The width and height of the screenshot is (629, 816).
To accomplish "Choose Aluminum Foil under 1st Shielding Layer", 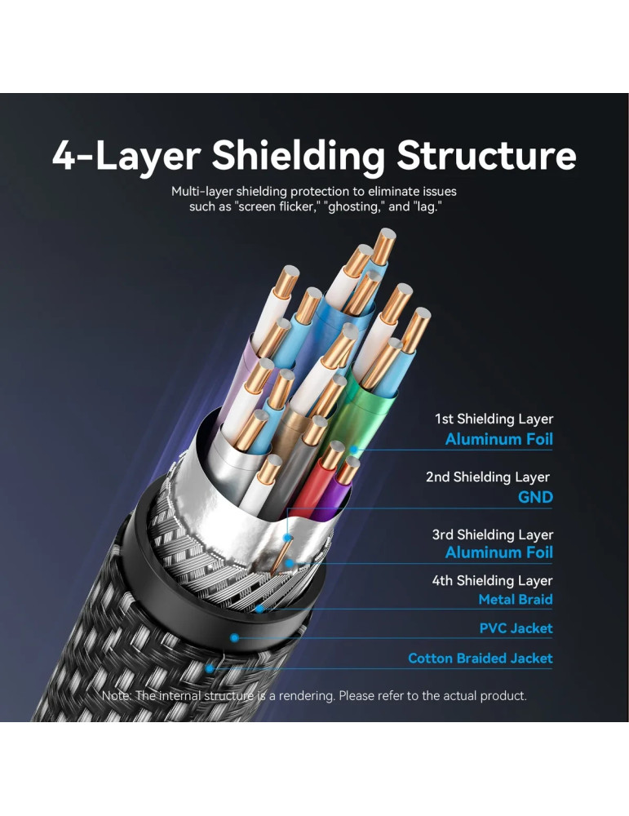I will [x=498, y=440].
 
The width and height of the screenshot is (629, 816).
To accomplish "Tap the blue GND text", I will [x=535, y=497].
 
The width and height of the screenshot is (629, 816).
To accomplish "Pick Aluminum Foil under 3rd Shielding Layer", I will [x=498, y=552].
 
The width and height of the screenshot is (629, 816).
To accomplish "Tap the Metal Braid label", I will [x=515, y=600].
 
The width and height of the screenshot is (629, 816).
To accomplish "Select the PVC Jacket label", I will [x=516, y=628].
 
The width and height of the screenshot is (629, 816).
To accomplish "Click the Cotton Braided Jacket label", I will [x=480, y=658].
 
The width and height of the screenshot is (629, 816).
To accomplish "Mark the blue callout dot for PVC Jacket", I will [x=234, y=637].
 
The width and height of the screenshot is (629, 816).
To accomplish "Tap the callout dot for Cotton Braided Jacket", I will [x=210, y=667].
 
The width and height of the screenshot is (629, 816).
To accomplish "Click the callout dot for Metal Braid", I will [x=259, y=608].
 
